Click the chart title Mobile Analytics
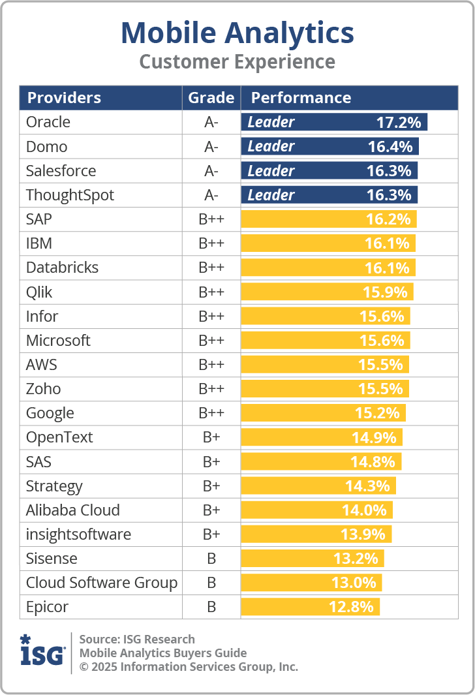237,33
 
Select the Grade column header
211,98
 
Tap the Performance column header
301,98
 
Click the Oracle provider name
48,122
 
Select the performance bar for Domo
329,146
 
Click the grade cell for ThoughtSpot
211,195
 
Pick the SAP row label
39,219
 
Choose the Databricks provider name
62,268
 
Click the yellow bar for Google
323,413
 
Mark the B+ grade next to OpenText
211,437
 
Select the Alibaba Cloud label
73,510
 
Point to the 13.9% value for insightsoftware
363,534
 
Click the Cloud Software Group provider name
102,583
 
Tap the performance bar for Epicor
310,607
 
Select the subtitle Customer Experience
237,62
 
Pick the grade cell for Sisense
211,559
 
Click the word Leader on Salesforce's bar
271,171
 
